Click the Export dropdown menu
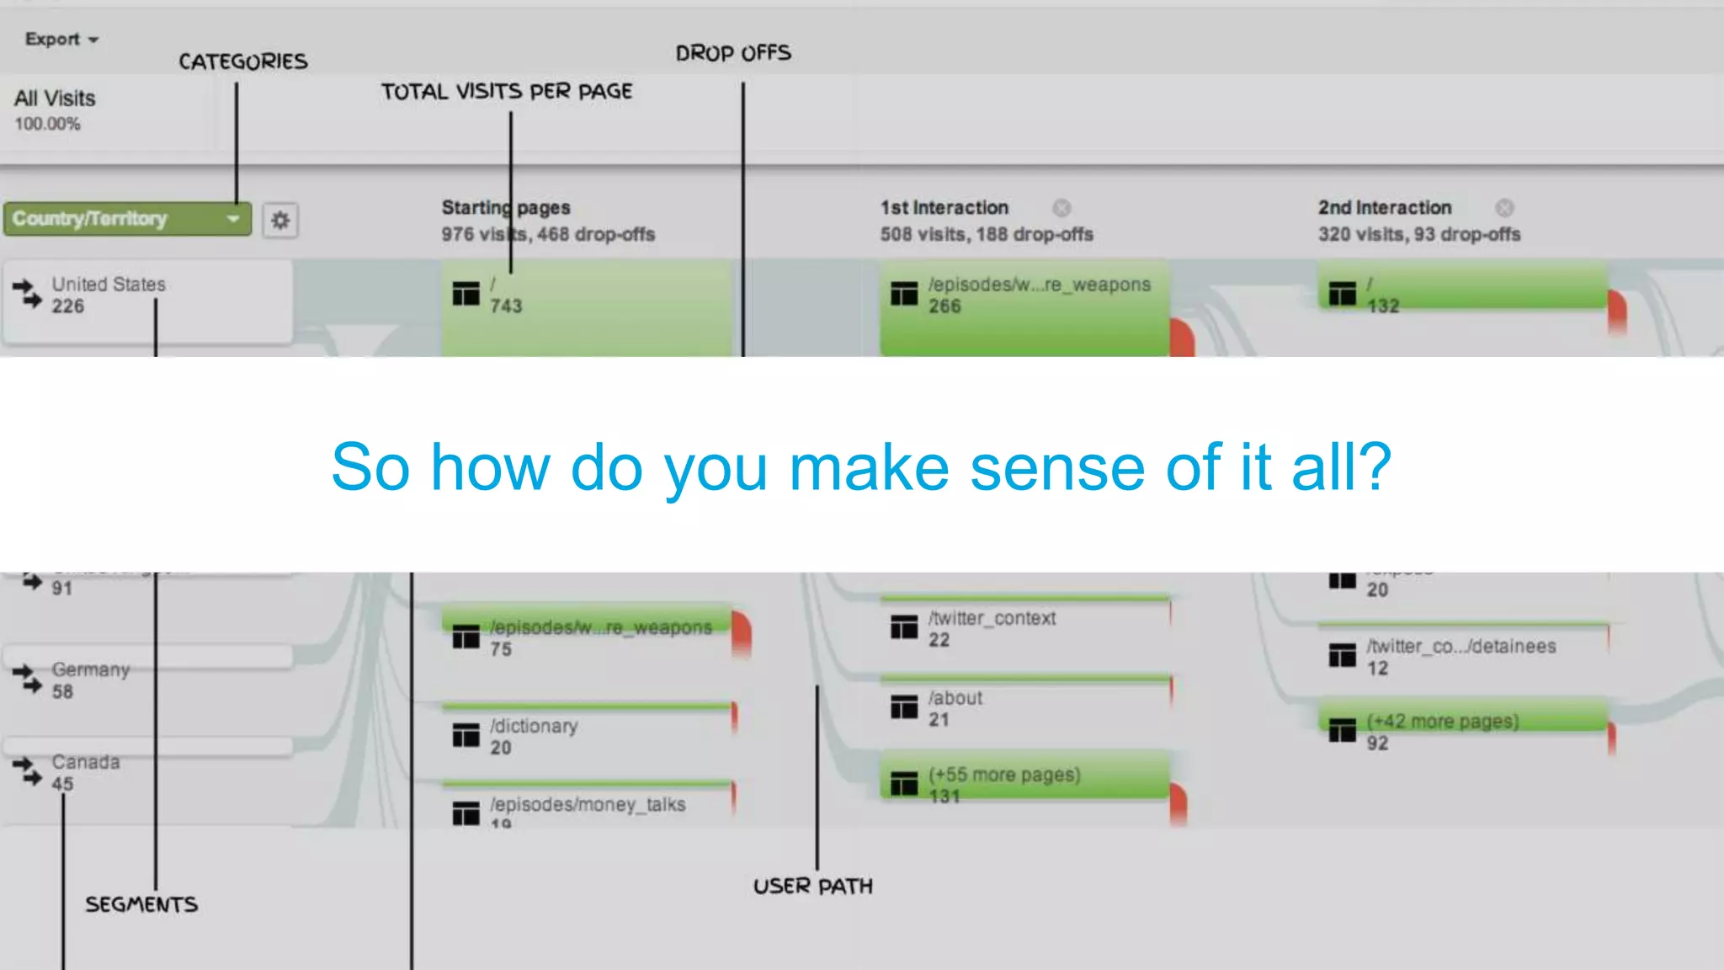click(61, 40)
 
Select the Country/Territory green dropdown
click(126, 219)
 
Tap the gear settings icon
click(280, 221)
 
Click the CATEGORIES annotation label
click(242, 61)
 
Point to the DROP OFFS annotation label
click(733, 53)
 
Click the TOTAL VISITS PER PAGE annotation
click(507, 91)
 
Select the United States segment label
click(109, 285)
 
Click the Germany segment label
click(91, 670)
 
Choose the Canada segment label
click(86, 762)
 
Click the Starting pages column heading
click(506, 208)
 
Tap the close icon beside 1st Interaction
click(1062, 208)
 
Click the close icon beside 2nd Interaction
click(1504, 208)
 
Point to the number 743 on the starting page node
click(506, 306)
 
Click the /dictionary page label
click(534, 726)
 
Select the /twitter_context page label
click(992, 618)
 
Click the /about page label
click(955, 698)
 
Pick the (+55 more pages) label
click(1004, 775)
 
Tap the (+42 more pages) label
click(1443, 722)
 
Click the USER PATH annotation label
click(813, 886)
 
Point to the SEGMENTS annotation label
click(141, 904)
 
